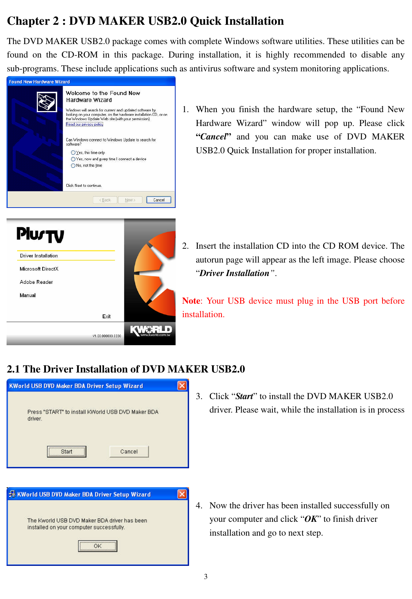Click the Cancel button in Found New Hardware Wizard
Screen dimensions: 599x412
point(158,200)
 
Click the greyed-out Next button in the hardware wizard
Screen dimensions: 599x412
point(130,200)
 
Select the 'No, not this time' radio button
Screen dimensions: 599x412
point(73,166)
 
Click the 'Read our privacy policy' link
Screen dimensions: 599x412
point(84,125)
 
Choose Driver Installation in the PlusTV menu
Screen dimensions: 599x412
point(39,256)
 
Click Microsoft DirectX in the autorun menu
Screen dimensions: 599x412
point(39,269)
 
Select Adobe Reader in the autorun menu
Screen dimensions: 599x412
point(36,282)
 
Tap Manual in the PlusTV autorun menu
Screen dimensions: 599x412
point(28,295)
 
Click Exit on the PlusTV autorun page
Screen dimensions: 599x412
point(106,316)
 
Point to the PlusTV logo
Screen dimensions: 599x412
point(40,235)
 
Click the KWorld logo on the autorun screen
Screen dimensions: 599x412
point(150,331)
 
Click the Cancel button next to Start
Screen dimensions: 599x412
point(129,452)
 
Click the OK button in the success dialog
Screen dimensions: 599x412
point(98,546)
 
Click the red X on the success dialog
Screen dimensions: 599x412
point(182,494)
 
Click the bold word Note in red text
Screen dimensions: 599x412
point(191,301)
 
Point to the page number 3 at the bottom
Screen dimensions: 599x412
point(206,576)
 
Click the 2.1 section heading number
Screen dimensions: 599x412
point(13,369)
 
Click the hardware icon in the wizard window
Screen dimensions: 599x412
point(47,102)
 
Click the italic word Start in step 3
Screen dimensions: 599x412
point(244,396)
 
